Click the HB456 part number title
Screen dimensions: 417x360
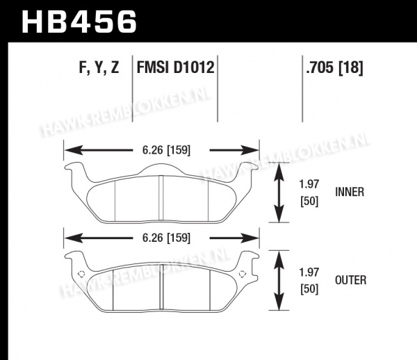pyautogui.click(x=79, y=22)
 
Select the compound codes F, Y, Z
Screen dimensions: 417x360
pyautogui.click(x=99, y=67)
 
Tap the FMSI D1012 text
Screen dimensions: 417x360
pyautogui.click(x=175, y=67)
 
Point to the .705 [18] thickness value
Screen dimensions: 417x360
pyautogui.click(x=334, y=67)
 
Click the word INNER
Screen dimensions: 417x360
pyautogui.click(x=350, y=192)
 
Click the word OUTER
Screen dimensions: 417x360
pyautogui.click(x=350, y=280)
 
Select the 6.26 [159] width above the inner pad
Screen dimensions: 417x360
pyautogui.click(x=166, y=150)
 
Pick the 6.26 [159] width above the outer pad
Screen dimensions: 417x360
pyautogui.click(x=166, y=238)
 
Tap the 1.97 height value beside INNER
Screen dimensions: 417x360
pyautogui.click(x=309, y=184)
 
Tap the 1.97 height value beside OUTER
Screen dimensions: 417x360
pyautogui.click(x=309, y=272)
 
